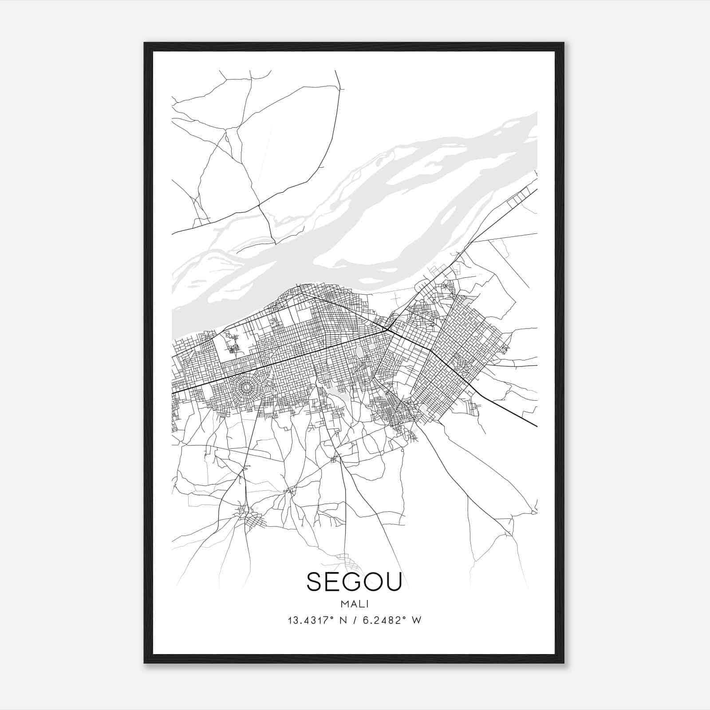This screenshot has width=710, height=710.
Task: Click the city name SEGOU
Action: point(354,581)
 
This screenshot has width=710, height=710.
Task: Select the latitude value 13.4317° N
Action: point(317,620)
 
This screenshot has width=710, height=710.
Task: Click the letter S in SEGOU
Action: point(316,581)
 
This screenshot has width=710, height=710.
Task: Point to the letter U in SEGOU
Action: point(393,581)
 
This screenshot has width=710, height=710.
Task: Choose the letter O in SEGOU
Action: point(373,581)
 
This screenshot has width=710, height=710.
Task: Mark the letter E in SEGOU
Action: point(334,581)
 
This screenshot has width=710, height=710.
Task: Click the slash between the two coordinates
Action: point(357,620)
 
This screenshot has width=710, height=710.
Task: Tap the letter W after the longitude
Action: point(416,620)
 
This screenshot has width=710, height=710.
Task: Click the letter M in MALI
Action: point(344,604)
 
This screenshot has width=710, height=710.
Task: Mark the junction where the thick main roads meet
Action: point(387,330)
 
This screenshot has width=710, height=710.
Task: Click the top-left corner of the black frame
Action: point(145,43)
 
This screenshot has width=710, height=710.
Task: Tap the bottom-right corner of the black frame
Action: point(564,663)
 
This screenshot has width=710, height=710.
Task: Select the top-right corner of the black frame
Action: point(564,43)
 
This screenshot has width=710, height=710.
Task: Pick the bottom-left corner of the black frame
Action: point(145,663)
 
